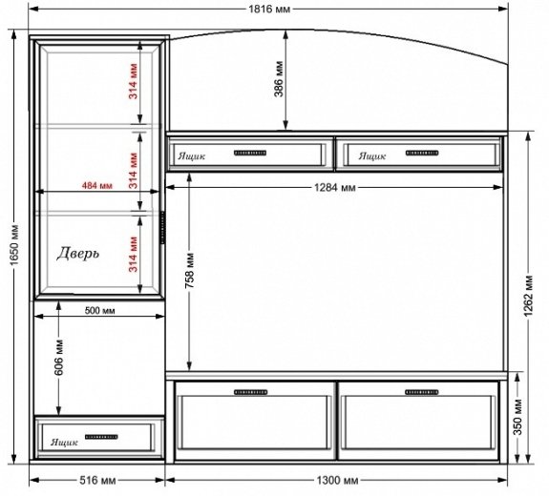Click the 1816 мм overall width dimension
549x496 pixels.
269,9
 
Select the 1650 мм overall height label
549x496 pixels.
14,245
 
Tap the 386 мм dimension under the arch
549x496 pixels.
279,79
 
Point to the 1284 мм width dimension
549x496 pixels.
335,188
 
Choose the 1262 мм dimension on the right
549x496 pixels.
529,296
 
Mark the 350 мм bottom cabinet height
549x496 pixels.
518,417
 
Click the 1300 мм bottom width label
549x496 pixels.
338,480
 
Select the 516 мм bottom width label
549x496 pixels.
97,480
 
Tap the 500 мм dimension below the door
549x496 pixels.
100,310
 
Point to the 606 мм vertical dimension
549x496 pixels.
59,357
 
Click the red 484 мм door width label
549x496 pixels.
97,185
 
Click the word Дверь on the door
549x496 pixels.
78,254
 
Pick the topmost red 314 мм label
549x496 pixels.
134,81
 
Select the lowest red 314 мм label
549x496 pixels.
134,254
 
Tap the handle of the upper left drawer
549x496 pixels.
250,153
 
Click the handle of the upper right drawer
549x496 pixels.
422,153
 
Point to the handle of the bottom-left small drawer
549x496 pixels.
101,437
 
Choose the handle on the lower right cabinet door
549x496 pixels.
422,392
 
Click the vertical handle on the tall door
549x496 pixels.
163,227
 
